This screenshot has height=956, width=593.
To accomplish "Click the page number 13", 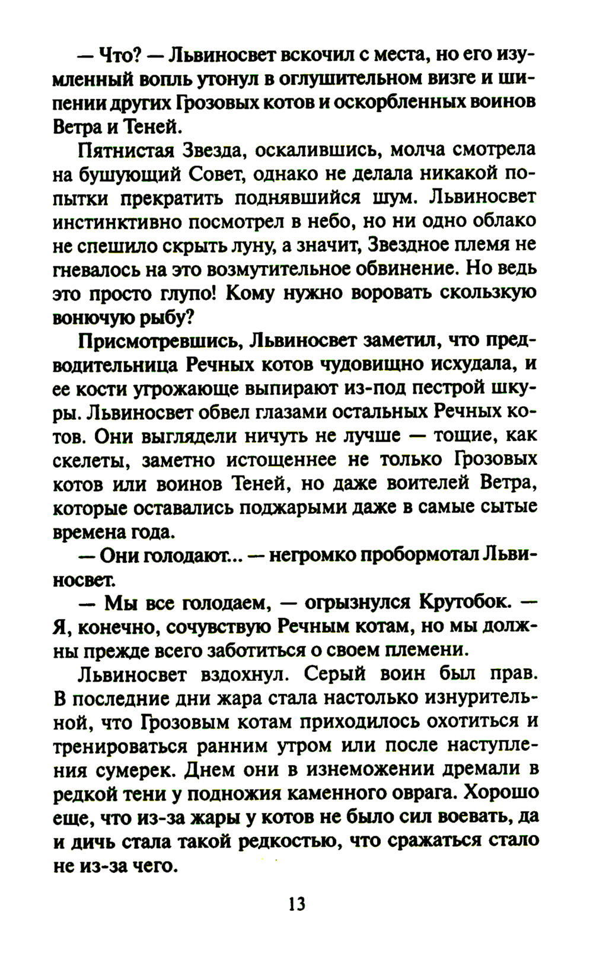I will coord(296,904).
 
